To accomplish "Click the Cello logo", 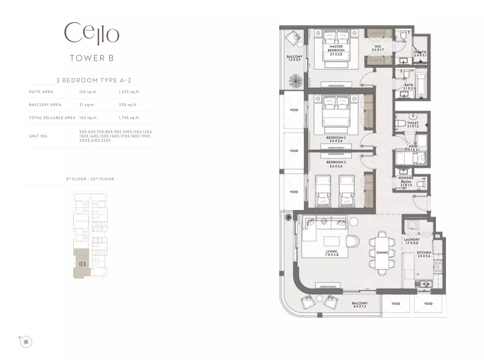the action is [x=92, y=34].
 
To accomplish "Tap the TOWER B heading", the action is [x=92, y=58].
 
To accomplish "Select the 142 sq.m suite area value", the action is [x=88, y=92].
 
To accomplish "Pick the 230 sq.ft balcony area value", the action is [x=128, y=105].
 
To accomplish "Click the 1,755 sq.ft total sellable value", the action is [x=129, y=118].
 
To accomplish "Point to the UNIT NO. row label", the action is [x=38, y=136].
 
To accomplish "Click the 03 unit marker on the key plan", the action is [x=82, y=264].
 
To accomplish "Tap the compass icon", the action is [x=26, y=342].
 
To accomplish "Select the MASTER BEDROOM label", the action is [x=336, y=48].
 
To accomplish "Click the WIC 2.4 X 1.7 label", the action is [x=378, y=48].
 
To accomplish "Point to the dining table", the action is [x=382, y=253].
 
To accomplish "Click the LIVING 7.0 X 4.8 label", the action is [x=332, y=253].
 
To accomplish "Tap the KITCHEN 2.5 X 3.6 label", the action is [x=424, y=254].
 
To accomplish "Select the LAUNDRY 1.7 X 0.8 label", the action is [x=412, y=241].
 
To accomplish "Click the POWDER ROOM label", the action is [x=406, y=180].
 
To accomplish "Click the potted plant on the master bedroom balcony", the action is [x=296, y=80].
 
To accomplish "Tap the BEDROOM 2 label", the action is [x=336, y=138].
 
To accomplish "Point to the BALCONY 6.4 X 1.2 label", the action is [x=360, y=305].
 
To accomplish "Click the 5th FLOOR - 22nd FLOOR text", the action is [x=90, y=179].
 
